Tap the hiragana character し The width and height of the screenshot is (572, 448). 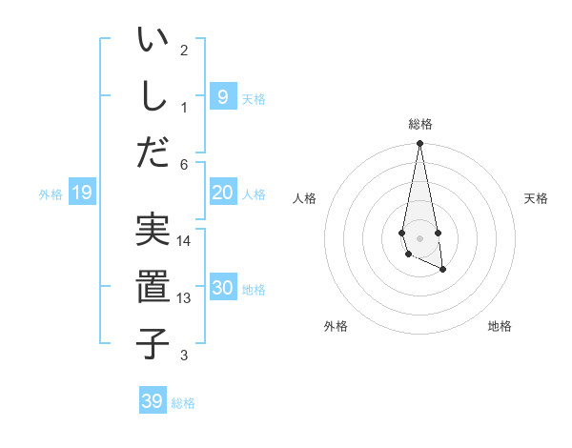(153, 95)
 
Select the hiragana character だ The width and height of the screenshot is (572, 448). (153, 151)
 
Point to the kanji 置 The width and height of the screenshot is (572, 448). (153, 286)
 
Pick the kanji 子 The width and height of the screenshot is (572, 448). (153, 341)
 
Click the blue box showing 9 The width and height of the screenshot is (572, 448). (222, 96)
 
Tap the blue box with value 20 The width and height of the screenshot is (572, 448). (222, 193)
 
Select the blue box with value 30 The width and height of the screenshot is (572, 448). (222, 288)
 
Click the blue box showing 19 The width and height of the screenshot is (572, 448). (81, 193)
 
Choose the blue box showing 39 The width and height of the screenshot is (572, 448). (153, 401)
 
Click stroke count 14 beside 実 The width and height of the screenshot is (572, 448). (184, 241)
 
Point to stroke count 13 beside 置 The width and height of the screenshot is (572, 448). (184, 298)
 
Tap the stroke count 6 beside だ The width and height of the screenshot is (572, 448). (184, 164)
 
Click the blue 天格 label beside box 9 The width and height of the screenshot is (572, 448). (254, 98)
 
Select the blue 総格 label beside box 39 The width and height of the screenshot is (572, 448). (183, 403)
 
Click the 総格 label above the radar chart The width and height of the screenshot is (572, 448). (420, 124)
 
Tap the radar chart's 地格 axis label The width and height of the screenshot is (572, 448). (500, 326)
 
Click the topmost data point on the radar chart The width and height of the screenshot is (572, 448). (419, 144)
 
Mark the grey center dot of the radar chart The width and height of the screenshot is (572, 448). (419, 237)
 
